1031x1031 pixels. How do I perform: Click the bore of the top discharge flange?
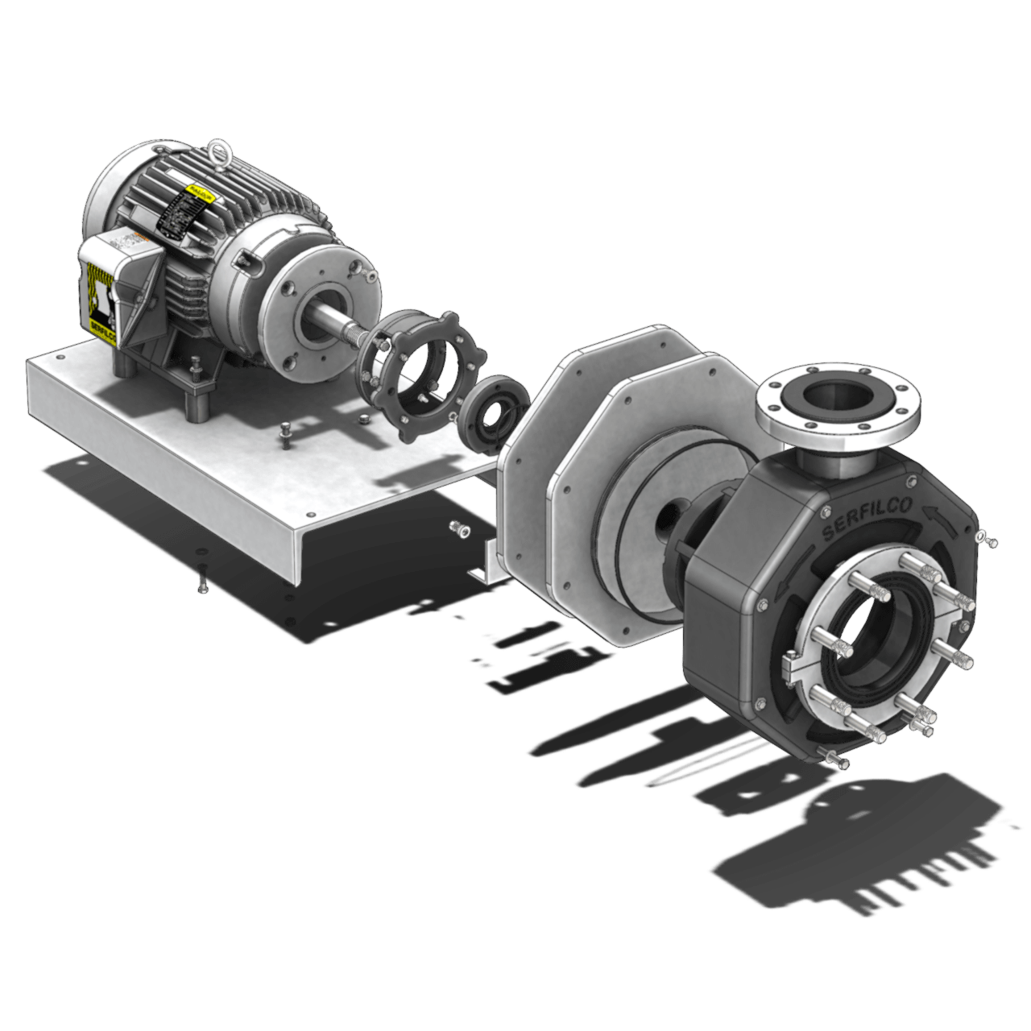[837, 396]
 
